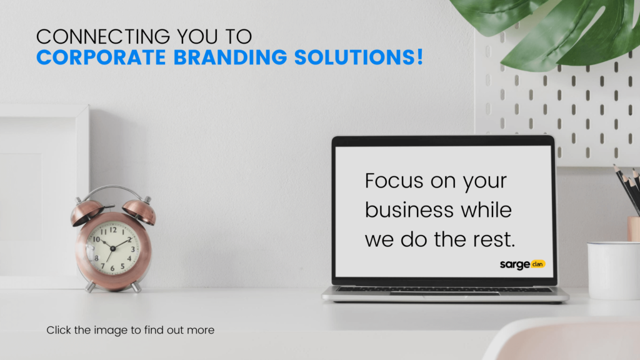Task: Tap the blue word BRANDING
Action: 230,57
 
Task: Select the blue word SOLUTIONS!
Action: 358,57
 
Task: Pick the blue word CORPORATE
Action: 101,57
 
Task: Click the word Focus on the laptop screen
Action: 394,181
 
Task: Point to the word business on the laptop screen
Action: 409,210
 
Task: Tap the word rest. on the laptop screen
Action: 494,239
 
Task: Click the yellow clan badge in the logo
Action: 538,264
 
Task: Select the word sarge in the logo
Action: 515,265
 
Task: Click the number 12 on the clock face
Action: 113,230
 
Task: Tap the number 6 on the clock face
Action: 112,269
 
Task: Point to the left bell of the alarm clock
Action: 87,212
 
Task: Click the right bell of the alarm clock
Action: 139,211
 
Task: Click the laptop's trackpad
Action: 444,293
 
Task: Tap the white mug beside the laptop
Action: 614,271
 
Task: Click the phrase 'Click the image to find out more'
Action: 130,330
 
